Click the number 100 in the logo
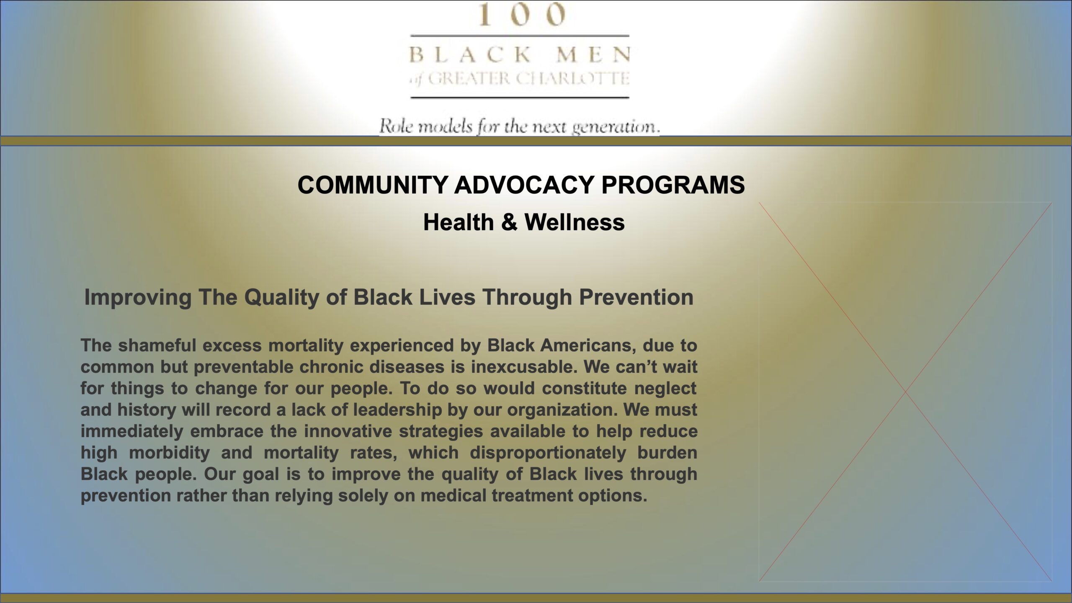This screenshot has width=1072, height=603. (x=522, y=14)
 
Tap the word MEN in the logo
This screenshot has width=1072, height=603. (x=593, y=55)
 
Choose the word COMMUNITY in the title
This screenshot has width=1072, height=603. (x=373, y=185)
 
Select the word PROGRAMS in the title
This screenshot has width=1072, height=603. (x=673, y=185)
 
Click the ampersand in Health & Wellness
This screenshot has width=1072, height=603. (x=509, y=222)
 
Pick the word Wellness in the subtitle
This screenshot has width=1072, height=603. (x=575, y=222)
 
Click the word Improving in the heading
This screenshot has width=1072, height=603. (x=138, y=298)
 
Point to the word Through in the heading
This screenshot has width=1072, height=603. (x=527, y=297)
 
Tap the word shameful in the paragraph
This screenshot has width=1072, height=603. (x=157, y=345)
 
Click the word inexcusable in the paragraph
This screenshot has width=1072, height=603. (x=524, y=367)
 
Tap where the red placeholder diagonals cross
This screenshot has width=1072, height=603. (x=905, y=392)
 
